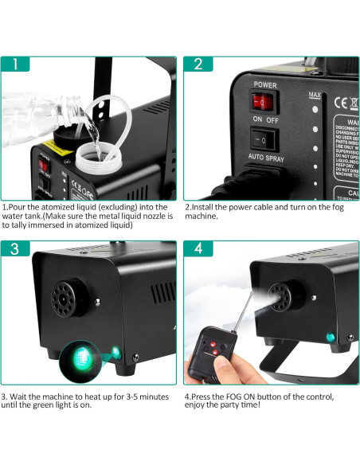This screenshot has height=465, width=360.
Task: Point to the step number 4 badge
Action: (197, 248)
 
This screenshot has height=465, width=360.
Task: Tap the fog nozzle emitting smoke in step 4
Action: (278, 296)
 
